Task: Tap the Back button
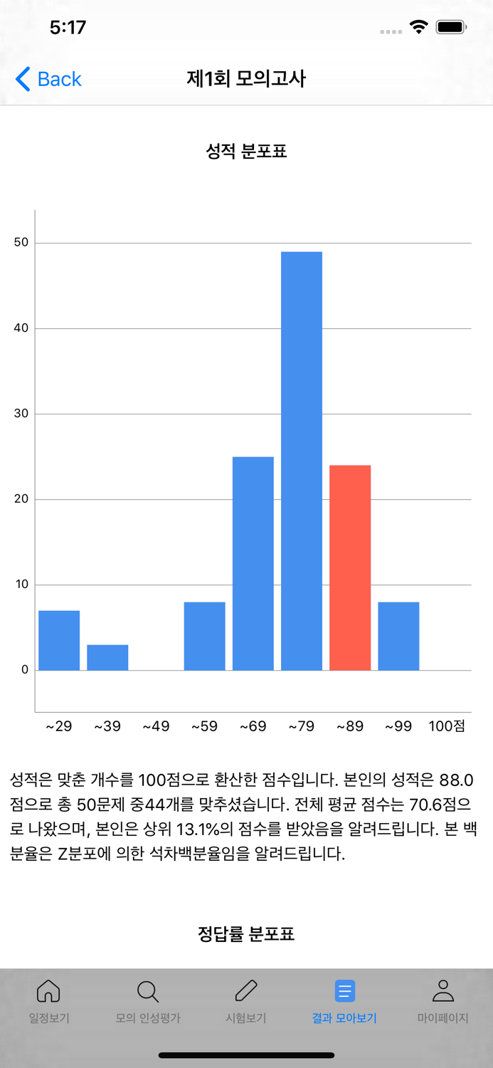tap(48, 79)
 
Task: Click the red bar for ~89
tap(350, 567)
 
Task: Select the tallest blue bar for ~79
tap(302, 461)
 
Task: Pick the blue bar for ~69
tap(253, 563)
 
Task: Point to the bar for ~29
tap(59, 640)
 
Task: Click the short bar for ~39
tap(107, 657)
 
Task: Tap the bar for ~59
tap(205, 636)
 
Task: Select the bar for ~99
tap(398, 636)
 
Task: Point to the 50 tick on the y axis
tap(21, 243)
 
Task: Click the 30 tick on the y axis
tap(21, 414)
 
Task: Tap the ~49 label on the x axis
tap(156, 726)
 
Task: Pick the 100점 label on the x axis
tap(447, 726)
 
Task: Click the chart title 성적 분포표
tap(246, 151)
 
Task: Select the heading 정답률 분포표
tap(246, 933)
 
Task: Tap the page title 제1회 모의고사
tap(246, 78)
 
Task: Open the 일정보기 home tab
tap(48, 1000)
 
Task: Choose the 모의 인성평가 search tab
tap(148, 1000)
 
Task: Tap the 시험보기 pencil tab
tap(246, 1000)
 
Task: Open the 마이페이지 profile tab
tap(442, 1000)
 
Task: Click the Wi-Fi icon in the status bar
tap(419, 28)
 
